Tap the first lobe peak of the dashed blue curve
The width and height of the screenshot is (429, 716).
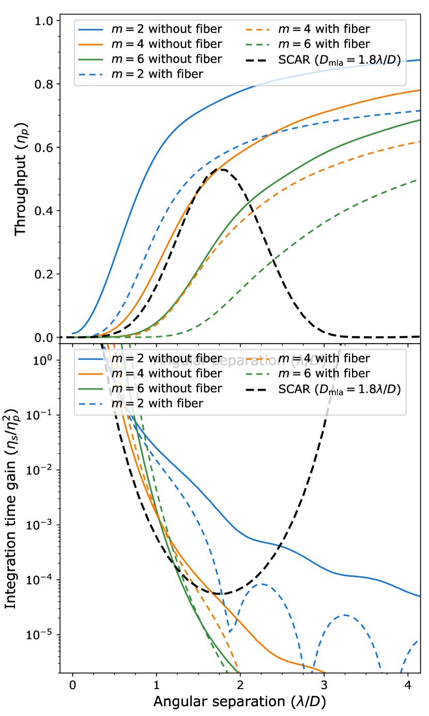pyautogui.click(x=263, y=584)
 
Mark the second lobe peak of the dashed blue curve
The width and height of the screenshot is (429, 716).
pyautogui.click(x=345, y=615)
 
